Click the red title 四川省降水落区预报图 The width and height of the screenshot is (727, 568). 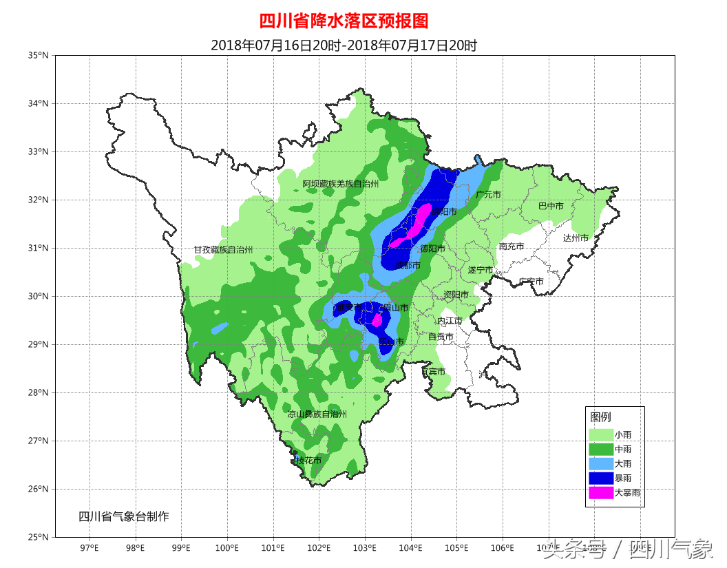coord(344,21)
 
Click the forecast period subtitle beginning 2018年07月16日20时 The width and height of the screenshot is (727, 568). coord(344,45)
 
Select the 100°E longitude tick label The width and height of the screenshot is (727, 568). coord(227,548)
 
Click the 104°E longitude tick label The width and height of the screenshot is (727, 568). coord(411,548)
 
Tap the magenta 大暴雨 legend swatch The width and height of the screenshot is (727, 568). coord(601,493)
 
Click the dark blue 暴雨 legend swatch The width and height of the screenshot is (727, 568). coord(601,478)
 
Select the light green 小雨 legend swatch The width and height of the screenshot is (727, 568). coord(601,434)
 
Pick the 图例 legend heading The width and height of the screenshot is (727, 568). coord(600,417)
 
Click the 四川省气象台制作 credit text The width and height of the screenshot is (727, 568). coord(123,516)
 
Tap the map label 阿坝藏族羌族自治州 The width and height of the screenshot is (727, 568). coord(341,184)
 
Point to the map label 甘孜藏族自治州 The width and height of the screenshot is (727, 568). coord(223,250)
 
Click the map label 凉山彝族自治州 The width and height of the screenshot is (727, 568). coord(317,414)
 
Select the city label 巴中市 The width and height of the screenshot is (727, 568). coord(551,206)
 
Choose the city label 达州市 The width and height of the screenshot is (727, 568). coord(576,238)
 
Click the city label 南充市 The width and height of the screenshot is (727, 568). coord(512,246)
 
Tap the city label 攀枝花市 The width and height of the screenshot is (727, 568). coord(307,460)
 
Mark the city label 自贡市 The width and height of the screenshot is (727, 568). coord(441,337)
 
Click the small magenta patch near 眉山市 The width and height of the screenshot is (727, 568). coord(377,319)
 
